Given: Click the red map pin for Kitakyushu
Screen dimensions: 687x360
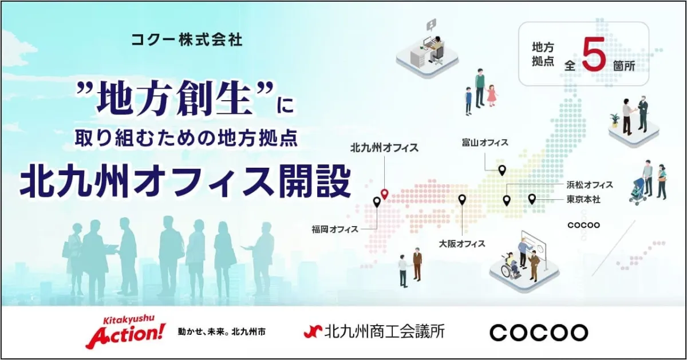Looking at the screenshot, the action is pyautogui.click(x=385, y=194).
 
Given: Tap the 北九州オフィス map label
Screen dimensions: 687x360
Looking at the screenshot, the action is pyautogui.click(x=384, y=148).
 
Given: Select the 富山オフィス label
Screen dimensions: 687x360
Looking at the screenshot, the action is pyautogui.click(x=485, y=143).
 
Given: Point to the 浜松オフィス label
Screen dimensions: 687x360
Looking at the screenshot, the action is pyautogui.click(x=590, y=185).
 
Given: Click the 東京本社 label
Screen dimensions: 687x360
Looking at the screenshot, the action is pyautogui.click(x=583, y=200).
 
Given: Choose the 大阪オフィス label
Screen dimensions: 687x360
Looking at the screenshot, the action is pyautogui.click(x=462, y=244).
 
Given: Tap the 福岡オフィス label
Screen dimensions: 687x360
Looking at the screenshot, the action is pyautogui.click(x=335, y=229).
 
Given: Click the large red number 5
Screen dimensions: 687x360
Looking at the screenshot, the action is pyautogui.click(x=593, y=54).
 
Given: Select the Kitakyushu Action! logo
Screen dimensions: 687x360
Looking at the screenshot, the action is pyautogui.click(x=125, y=332).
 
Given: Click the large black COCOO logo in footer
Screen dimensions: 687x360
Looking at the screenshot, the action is pyautogui.click(x=539, y=333).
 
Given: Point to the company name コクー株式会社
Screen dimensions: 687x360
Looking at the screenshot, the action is pyautogui.click(x=187, y=40).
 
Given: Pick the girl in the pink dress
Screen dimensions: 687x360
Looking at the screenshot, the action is pyautogui.click(x=492, y=96).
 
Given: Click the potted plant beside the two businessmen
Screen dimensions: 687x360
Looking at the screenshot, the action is pyautogui.click(x=615, y=120).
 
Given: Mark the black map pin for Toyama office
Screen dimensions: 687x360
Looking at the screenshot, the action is pyautogui.click(x=502, y=170).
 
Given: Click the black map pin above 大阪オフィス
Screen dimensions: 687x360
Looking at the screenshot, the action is pyautogui.click(x=462, y=200).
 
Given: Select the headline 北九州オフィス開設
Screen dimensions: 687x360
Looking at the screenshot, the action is pyautogui.click(x=185, y=181).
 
